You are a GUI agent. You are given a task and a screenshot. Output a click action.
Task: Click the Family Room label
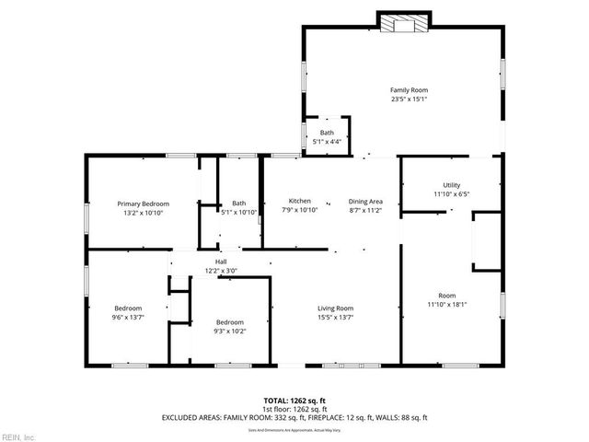pos(409,89)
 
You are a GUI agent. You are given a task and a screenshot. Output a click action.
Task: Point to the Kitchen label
pos(299,201)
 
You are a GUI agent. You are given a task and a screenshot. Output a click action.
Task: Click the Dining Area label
pos(365,201)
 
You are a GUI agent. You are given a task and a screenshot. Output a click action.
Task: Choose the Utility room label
pos(451,185)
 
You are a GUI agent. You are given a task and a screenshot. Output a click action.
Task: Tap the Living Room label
pos(336,308)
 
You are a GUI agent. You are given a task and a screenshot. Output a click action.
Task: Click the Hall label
pos(221,262)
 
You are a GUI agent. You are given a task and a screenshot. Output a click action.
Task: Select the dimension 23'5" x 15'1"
pos(409,99)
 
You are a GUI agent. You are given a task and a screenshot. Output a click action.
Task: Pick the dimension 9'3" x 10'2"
pos(229,331)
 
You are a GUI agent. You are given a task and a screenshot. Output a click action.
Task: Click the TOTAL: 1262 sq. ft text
pos(294,401)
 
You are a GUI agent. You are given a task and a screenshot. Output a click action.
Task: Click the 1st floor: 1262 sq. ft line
pos(294,409)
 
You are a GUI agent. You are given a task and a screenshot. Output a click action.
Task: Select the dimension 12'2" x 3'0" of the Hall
pos(221,271)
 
